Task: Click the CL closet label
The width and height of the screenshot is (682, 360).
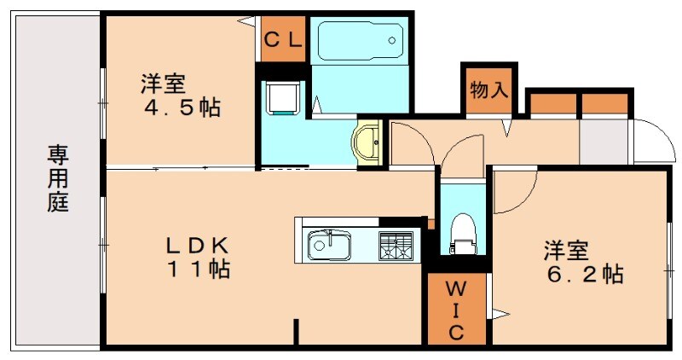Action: point(281,39)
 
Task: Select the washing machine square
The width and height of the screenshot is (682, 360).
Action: point(282,97)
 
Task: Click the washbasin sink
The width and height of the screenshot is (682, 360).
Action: point(368,142)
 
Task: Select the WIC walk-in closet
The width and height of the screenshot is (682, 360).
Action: point(456,310)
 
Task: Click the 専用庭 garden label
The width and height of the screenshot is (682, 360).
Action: point(58,179)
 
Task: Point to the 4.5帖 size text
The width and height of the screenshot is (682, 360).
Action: point(181,108)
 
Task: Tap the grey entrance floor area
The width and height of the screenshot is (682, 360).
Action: point(604,142)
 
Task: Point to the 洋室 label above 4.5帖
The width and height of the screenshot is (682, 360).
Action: point(163,84)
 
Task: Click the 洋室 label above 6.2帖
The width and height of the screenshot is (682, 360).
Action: point(567,251)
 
